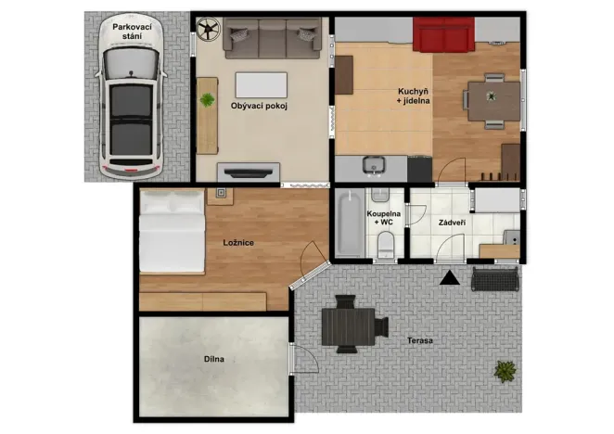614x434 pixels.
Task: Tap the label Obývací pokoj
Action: pyautogui.click(x=260, y=105)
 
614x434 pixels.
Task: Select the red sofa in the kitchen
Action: pyautogui.click(x=442, y=36)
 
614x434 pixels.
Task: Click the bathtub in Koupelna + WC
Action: pyautogui.click(x=350, y=223)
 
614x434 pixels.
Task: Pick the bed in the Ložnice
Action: pyautogui.click(x=172, y=237)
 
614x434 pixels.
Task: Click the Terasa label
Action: pyautogui.click(x=419, y=340)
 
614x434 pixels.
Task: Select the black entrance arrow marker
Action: pyautogui.click(x=450, y=276)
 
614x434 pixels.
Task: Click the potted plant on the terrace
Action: pyautogui.click(x=505, y=371)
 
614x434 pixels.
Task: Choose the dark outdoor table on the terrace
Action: pyautogui.click(x=348, y=325)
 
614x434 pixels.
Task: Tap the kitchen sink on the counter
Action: pyautogui.click(x=373, y=166)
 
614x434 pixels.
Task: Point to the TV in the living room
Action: pyautogui.click(x=249, y=170)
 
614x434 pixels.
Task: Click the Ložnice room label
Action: pyautogui.click(x=238, y=243)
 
